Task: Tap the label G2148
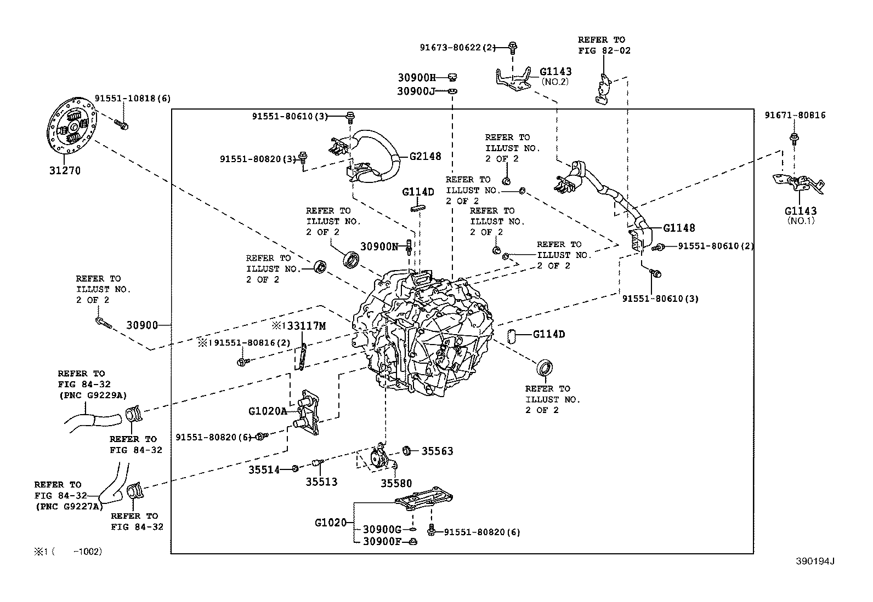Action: (x=425, y=156)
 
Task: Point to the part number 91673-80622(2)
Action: (x=457, y=48)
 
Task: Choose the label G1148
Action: (x=679, y=228)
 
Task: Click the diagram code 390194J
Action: (x=815, y=561)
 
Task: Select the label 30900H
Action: (x=416, y=78)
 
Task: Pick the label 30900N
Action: (x=379, y=246)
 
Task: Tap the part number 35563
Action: (x=437, y=451)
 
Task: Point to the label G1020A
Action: (x=268, y=411)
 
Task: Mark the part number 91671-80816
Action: (x=795, y=116)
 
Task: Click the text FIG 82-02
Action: (x=604, y=50)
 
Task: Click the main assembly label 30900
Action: (x=142, y=325)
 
